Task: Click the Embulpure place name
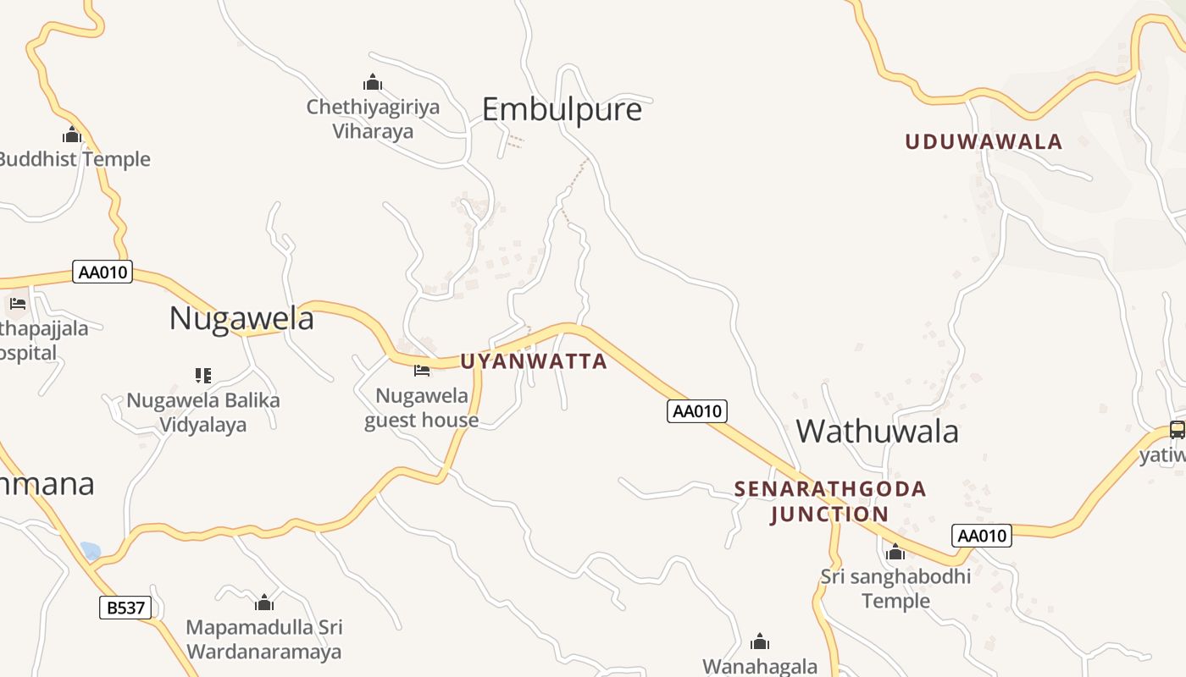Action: [562, 110]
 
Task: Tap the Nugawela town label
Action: [241, 319]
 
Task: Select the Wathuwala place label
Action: [877, 432]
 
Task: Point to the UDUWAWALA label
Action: [984, 142]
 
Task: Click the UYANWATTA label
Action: [534, 361]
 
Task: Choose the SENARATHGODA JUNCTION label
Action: [830, 501]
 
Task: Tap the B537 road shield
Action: [125, 607]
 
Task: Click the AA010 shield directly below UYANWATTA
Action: [697, 411]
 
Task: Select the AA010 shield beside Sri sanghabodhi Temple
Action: [982, 535]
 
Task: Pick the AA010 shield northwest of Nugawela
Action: [103, 272]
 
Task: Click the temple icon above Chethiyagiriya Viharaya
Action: [373, 82]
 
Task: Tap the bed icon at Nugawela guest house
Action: [421, 370]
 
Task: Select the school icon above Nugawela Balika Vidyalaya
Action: [202, 374]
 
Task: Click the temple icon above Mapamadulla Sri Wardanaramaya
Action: [264, 603]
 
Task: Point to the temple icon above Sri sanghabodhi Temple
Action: [895, 553]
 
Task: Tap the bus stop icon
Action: [1177, 429]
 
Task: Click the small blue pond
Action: [91, 551]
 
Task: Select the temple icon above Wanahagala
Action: [760, 641]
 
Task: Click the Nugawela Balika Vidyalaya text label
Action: [203, 412]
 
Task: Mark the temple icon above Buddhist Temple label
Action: [72, 135]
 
